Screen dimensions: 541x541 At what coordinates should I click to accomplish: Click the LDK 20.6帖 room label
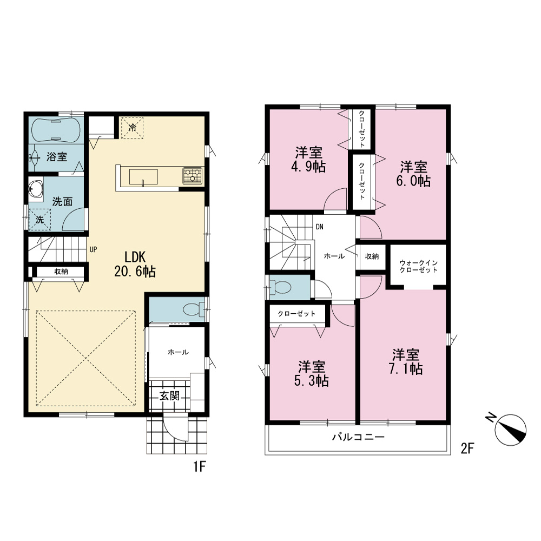pos(135,265)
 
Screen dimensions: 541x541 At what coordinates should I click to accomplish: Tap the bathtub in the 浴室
pos(56,130)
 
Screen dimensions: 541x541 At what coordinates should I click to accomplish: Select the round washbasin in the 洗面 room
pos(36,188)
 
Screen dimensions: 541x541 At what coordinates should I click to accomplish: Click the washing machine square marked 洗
pos(39,220)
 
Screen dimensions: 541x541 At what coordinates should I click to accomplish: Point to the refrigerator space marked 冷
pos(132,127)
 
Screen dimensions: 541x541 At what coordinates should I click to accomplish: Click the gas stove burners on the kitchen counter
pos(193,175)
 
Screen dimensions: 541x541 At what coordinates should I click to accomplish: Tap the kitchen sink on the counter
pos(143,177)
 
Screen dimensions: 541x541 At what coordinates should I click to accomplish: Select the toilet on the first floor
pos(193,309)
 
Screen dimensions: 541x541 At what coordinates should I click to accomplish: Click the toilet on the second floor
pos(280,287)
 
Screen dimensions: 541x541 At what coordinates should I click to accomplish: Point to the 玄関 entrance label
pos(169,396)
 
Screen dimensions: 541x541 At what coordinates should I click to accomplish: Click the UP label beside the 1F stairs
pos(93,249)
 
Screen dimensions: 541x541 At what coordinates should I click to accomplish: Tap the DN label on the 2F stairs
pos(320,227)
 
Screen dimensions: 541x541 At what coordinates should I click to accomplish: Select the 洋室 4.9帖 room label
pos(308,160)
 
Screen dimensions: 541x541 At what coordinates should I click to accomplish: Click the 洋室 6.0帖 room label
pos(413,174)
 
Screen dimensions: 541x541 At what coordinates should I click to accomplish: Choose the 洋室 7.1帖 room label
pos(406,361)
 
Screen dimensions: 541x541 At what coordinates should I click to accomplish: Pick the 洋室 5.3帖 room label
pos(311,374)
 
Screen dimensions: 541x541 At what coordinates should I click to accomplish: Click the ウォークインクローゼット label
pos(419,266)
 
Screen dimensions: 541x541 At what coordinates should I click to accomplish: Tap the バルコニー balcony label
pos(358,437)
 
